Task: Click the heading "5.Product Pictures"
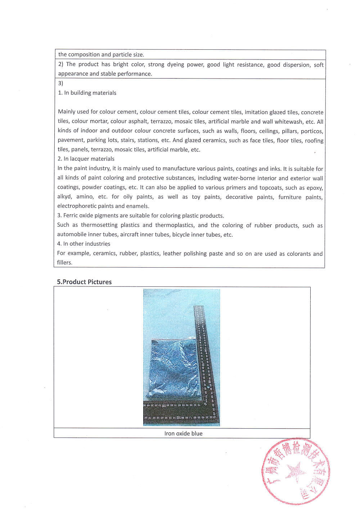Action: click(84, 282)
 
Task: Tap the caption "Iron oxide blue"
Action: click(183, 433)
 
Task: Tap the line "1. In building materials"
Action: click(87, 93)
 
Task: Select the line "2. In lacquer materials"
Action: click(86, 159)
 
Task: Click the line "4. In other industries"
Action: click(84, 244)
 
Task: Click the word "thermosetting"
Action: click(99, 225)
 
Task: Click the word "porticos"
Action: click(312, 131)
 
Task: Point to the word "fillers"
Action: click(64, 263)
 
